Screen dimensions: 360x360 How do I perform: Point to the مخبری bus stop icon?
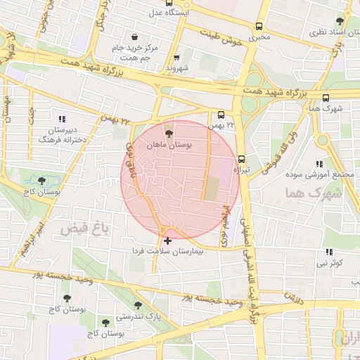click(x=259, y=25)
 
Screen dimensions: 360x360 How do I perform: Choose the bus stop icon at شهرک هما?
click(x=325, y=98)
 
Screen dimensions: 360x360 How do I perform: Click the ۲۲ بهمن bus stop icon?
click(x=221, y=115)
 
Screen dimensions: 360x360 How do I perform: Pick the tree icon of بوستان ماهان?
click(x=168, y=132)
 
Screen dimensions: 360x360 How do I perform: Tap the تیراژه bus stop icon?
click(x=241, y=159)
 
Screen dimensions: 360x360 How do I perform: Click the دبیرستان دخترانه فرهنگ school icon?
click(x=63, y=118)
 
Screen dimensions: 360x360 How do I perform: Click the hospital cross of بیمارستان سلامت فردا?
click(x=167, y=240)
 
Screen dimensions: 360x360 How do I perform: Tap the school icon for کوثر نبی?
click(x=328, y=252)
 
